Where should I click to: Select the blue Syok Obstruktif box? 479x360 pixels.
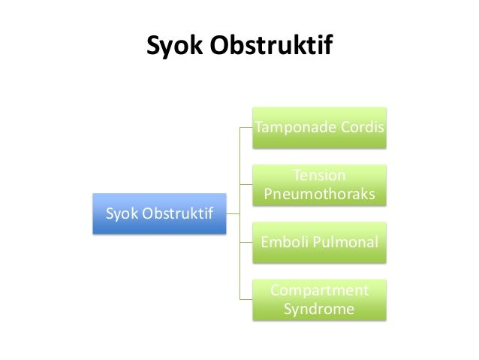(158, 214)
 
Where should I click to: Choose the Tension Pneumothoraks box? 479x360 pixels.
(321, 186)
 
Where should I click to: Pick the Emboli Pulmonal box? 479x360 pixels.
(321, 243)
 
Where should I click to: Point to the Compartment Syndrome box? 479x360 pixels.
(321, 300)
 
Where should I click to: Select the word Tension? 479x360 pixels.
(321, 176)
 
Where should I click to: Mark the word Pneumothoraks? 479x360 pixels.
(321, 195)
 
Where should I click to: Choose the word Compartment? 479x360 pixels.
(321, 290)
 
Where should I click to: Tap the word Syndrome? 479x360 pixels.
(321, 309)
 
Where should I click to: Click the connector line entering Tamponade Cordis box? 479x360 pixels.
(247, 129)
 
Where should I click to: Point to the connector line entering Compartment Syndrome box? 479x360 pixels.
(247, 300)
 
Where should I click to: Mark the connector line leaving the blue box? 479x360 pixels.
(233, 214)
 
